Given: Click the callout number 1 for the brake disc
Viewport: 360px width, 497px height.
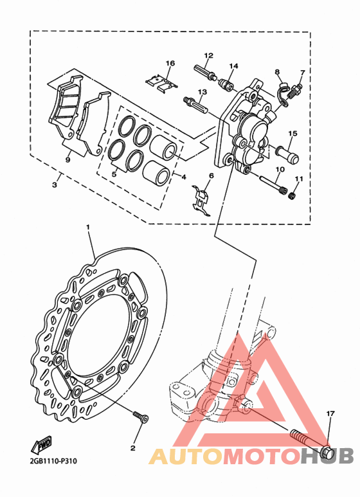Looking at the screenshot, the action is pyautogui.click(x=88, y=227).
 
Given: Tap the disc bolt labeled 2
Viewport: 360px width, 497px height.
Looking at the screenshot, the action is pyautogui.click(x=141, y=417).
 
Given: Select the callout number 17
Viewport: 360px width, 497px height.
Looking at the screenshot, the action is pyautogui.click(x=330, y=413).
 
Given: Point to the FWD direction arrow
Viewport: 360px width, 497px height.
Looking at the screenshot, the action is pyautogui.click(x=41, y=446).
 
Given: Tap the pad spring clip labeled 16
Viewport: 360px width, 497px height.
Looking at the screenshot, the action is pyautogui.click(x=161, y=83).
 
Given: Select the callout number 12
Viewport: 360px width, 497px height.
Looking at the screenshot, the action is pyautogui.click(x=208, y=55).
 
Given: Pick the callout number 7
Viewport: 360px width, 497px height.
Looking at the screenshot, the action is pyautogui.click(x=302, y=73).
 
